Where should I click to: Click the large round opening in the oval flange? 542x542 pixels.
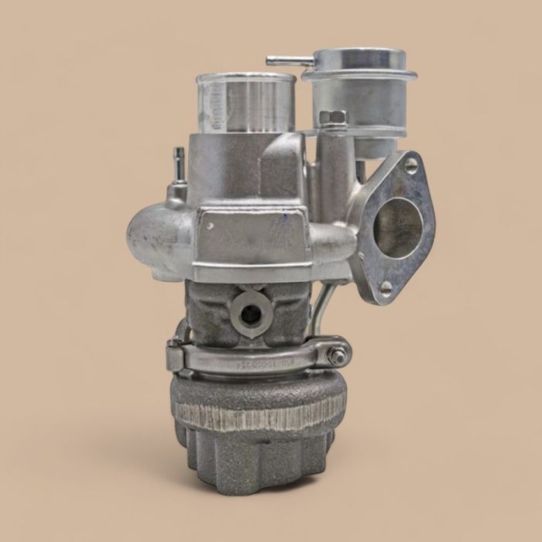399,228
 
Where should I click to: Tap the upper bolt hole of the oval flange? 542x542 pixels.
410,165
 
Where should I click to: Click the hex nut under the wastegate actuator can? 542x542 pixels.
332,118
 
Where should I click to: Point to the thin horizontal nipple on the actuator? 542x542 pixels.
288,60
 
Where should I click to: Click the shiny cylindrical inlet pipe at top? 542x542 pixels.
246,105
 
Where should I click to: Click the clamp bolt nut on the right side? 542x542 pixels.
338,356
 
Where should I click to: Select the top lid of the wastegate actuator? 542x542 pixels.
357,57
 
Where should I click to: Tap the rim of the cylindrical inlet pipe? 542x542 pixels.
245,78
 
